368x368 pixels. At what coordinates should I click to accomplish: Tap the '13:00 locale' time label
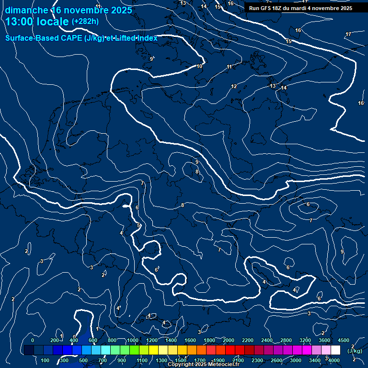coord(38,22)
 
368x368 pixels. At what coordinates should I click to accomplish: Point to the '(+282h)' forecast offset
coord(85,21)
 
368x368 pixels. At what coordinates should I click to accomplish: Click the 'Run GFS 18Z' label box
coord(300,8)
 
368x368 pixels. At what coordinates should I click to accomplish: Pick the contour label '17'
coord(348,34)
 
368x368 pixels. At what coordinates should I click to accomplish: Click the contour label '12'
coord(234,86)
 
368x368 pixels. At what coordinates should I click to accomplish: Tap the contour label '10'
coord(200,66)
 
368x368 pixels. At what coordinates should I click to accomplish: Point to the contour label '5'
coord(138,225)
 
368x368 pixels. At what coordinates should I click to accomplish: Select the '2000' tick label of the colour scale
coord(229,340)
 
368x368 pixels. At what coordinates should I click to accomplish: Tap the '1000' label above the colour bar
coord(133,340)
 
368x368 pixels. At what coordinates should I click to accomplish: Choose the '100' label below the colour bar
coord(45,360)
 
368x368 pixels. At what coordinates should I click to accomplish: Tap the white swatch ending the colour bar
coord(335,350)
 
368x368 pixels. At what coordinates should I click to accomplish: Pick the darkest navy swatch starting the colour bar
coord(29,350)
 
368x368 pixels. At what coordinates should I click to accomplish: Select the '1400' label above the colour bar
coord(171,340)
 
